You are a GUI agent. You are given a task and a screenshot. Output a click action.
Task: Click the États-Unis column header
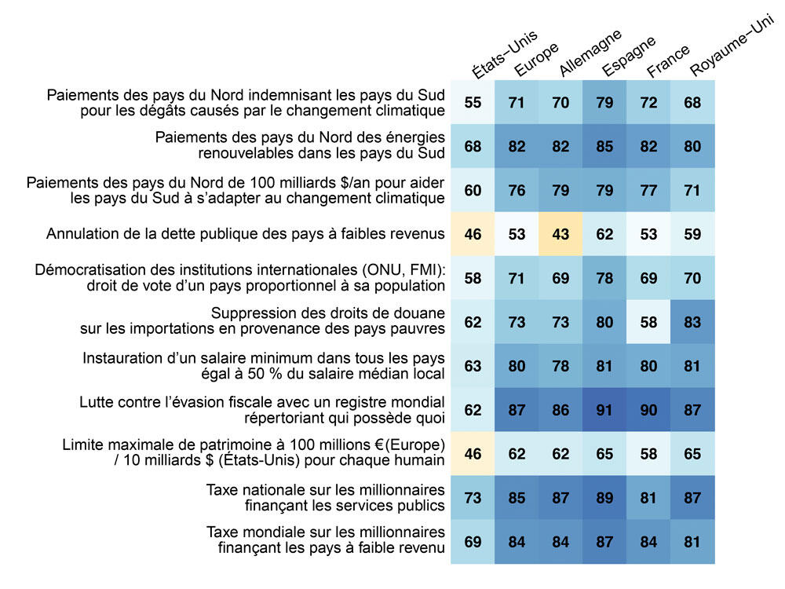pyautogui.click(x=504, y=54)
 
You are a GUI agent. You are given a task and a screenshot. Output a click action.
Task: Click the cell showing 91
pyautogui.click(x=605, y=408)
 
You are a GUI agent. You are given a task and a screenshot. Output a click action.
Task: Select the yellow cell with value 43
pyautogui.click(x=561, y=233)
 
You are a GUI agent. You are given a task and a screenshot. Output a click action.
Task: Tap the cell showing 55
pyautogui.click(x=473, y=103)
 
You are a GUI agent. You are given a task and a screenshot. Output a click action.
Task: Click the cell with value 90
pyautogui.click(x=649, y=408)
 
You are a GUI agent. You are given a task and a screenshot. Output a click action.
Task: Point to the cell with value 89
pyautogui.click(x=605, y=496)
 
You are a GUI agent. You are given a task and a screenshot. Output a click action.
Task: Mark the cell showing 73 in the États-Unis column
pyautogui.click(x=473, y=496)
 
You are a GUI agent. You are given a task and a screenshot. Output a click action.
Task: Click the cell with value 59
pyautogui.click(x=693, y=233)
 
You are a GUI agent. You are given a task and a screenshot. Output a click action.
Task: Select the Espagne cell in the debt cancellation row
pyautogui.click(x=605, y=233)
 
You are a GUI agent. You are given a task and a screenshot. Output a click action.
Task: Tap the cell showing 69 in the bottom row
pyautogui.click(x=473, y=540)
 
